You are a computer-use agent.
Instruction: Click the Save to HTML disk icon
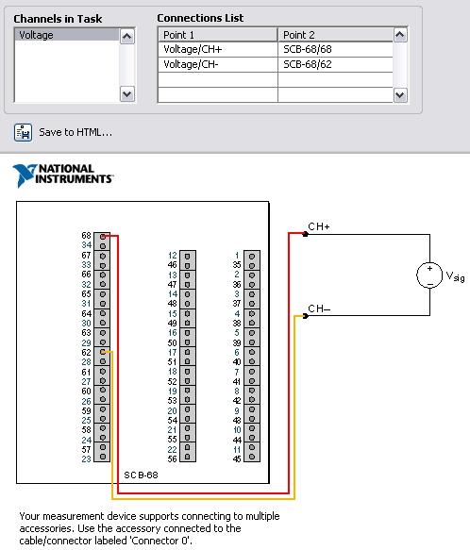[24, 133]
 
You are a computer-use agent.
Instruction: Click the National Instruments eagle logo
[25, 175]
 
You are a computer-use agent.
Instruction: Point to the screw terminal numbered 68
[103, 237]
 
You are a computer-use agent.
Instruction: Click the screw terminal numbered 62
[103, 352]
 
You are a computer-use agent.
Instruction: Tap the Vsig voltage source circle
[429, 275]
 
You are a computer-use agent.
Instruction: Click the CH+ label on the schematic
[319, 226]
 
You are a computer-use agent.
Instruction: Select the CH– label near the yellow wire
[319, 308]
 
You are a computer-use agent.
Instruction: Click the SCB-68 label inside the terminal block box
[142, 475]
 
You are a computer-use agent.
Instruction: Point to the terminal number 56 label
[173, 458]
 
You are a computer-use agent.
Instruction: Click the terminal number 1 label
[237, 256]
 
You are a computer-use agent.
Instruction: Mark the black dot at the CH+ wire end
[306, 234]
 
